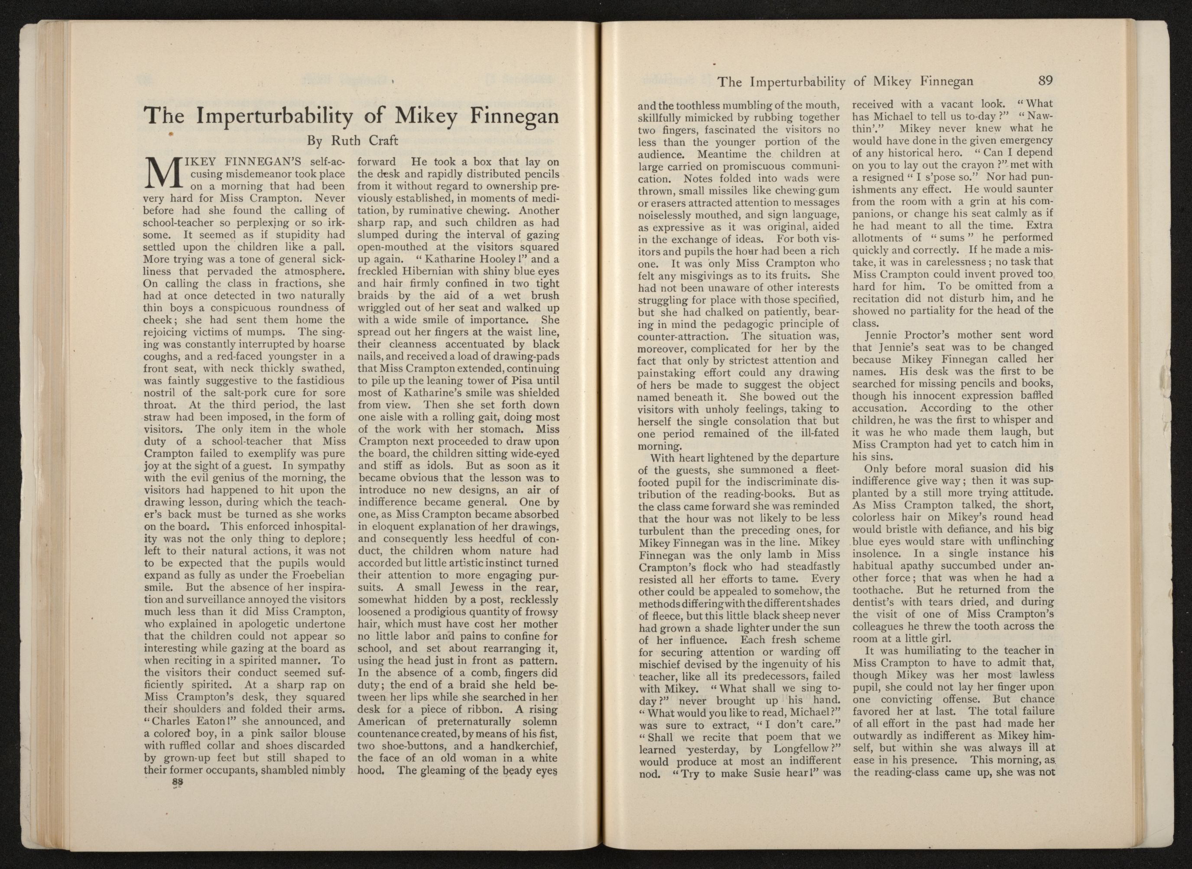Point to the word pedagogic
pos(758,323)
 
